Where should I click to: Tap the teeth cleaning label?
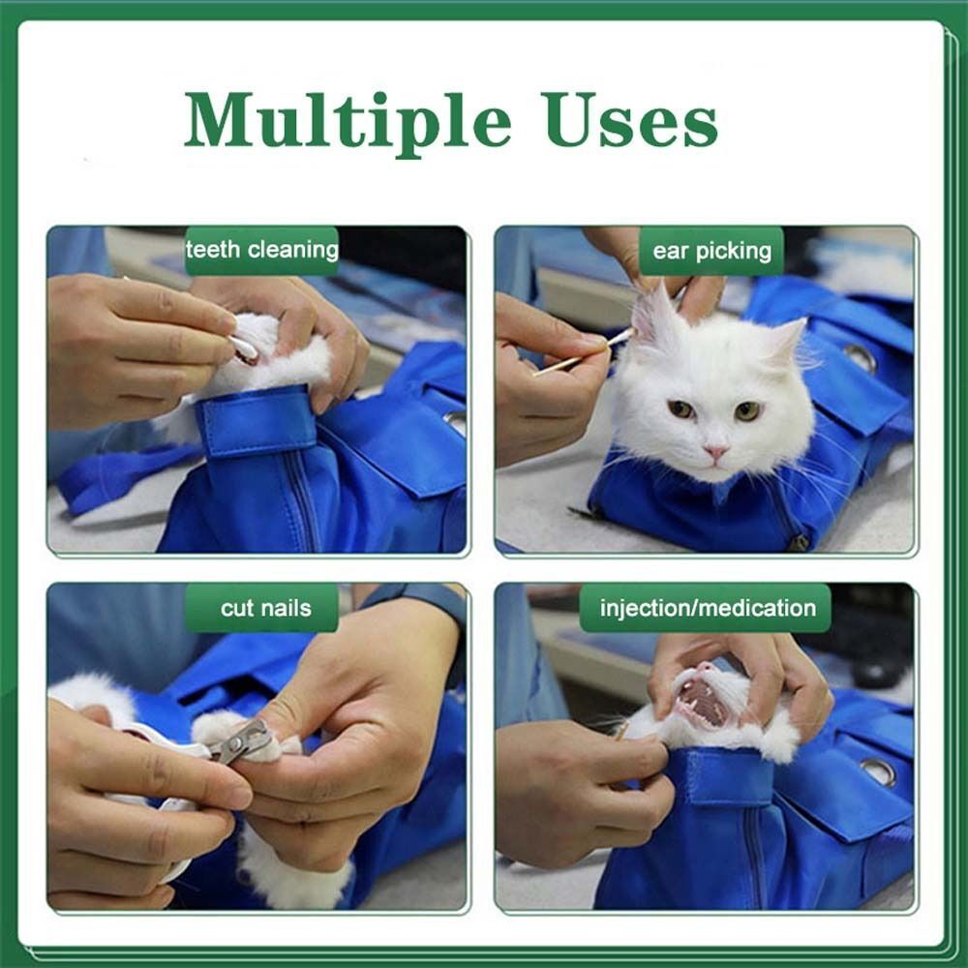click(x=261, y=251)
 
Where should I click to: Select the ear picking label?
click(x=711, y=252)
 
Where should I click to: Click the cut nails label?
click(x=265, y=609)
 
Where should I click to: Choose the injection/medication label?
click(x=707, y=609)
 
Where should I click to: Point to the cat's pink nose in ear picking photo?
click(x=716, y=452)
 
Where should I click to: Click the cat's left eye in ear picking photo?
click(x=681, y=409)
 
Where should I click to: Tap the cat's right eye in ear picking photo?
click(x=746, y=411)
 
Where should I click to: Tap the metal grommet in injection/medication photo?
click(x=878, y=771)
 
